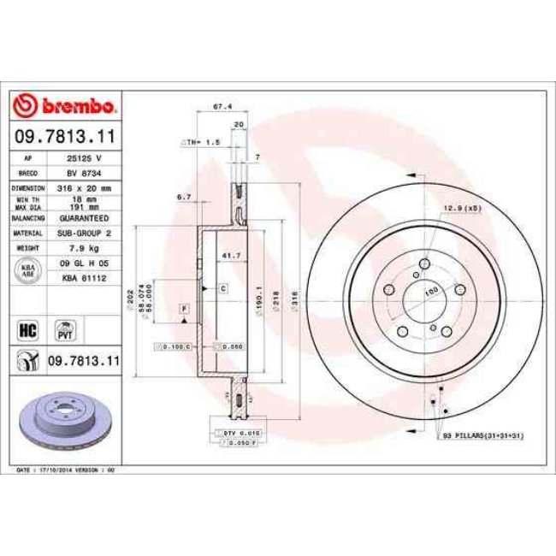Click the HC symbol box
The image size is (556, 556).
click(x=27, y=327)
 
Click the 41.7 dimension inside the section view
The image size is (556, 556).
click(x=229, y=256)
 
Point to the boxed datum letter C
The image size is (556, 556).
click(x=222, y=289)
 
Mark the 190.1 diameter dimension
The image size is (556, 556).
click(x=258, y=301)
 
